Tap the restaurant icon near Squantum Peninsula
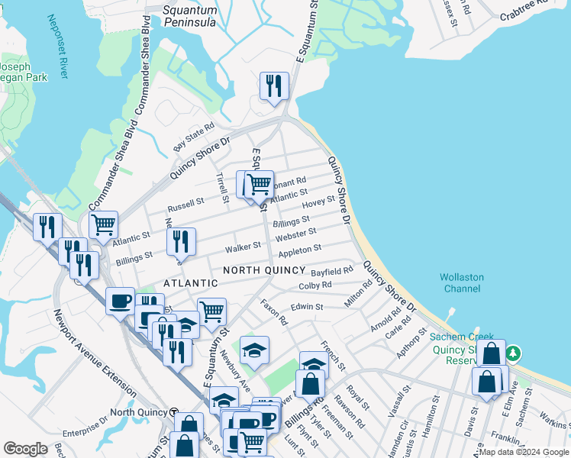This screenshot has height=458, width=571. coord(273,85)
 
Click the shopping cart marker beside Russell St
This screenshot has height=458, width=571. coord(103,224)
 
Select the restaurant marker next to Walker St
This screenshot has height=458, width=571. coord(181,241)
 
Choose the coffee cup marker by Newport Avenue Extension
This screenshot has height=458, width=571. coord(120,301)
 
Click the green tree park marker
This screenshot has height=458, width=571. coord(515,353)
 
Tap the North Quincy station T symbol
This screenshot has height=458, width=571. coord(174,412)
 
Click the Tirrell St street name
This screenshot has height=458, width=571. coord(223,187)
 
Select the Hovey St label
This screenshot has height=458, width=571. coord(318,202)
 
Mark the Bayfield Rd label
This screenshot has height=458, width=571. coord(332,271)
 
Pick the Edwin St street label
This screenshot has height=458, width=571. coord(307,306)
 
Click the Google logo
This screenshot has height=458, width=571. coord(26,448)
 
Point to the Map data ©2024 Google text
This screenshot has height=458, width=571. coord(524,452)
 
